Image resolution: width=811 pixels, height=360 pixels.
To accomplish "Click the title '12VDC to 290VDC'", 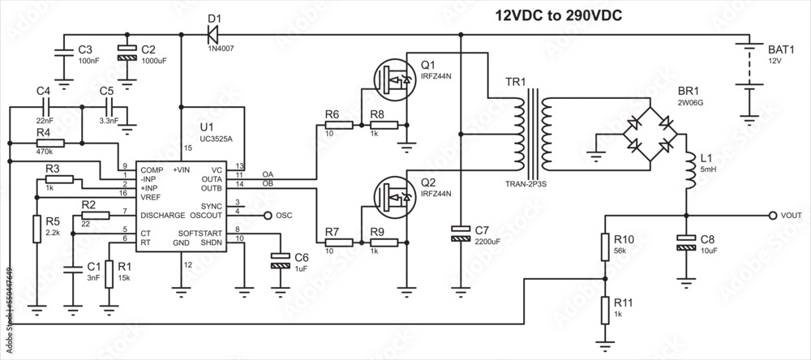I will tap(559, 15).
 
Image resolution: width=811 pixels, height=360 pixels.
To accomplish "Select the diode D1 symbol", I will tap(213, 34).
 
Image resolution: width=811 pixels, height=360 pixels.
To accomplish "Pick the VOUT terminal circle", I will tap(772, 216).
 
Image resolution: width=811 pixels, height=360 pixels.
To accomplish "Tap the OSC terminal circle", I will tap(268, 216).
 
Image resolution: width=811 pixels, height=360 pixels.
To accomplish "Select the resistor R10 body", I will tap(604, 247).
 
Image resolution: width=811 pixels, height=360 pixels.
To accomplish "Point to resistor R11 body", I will tap(604, 309).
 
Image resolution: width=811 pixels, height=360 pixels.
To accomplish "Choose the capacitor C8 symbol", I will tap(687, 241).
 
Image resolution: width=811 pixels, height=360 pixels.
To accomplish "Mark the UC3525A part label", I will tap(216, 139).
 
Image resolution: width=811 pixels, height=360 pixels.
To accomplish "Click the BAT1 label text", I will tap(781, 49).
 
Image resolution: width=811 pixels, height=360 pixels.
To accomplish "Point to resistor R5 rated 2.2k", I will tap(36, 229).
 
